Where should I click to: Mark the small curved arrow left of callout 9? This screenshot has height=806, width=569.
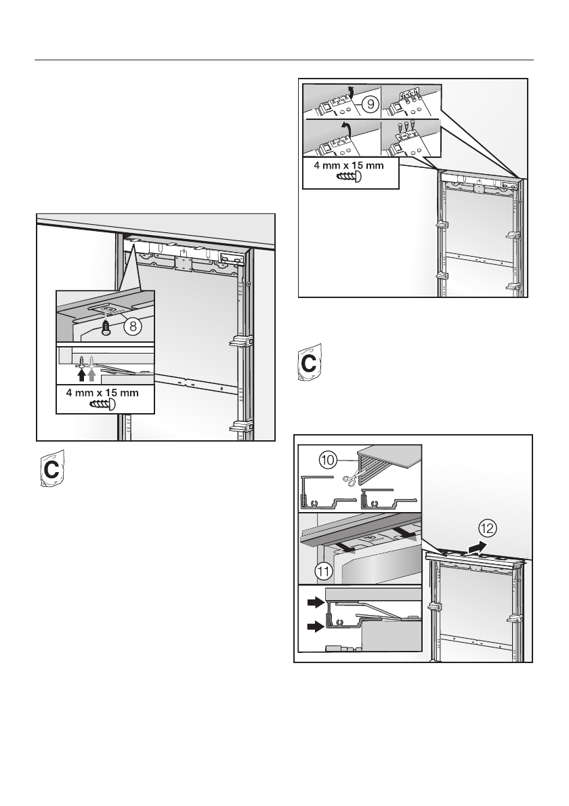point(350,91)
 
